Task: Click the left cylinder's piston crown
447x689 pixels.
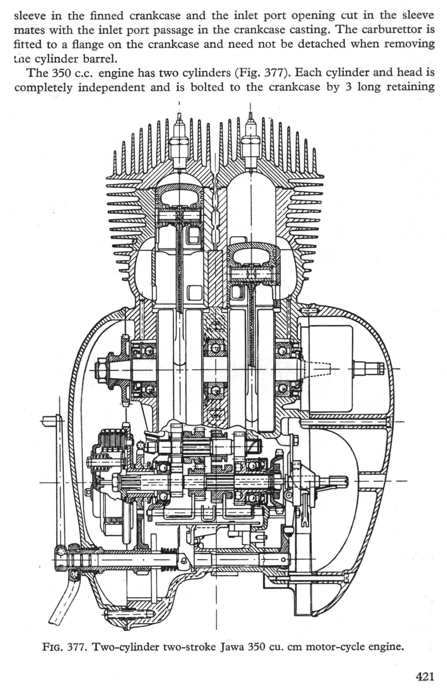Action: click(179, 193)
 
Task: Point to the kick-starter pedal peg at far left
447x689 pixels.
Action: click(48, 419)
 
